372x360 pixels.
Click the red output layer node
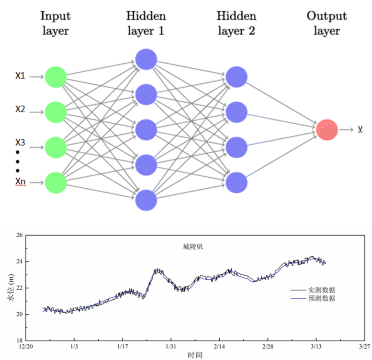pos(327,129)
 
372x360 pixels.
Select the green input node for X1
pos(56,77)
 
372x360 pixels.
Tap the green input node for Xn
pos(56,182)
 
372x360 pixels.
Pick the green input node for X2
pos(56,112)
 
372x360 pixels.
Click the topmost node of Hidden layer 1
pos(146,59)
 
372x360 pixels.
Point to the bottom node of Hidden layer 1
pos(146,200)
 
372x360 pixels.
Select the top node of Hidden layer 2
pos(237,77)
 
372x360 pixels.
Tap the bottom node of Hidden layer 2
pos(237,182)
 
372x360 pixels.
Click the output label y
pos(360,129)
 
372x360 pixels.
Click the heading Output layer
pos(327,23)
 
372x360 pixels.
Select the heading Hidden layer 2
pos(236,23)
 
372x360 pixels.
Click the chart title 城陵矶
pos(190,247)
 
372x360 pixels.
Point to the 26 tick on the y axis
pos(20,236)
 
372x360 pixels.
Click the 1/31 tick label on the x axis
pos(171,346)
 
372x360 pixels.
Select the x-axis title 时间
pos(195,355)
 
